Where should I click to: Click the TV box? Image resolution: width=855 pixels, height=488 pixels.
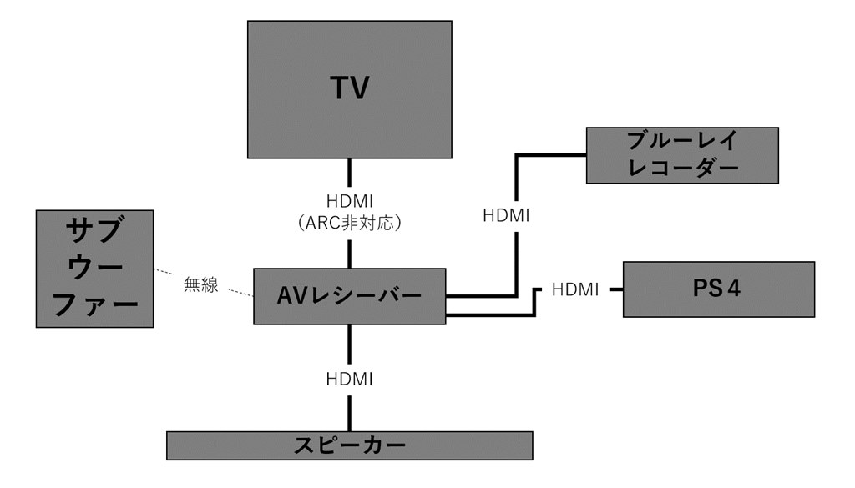pos(349,89)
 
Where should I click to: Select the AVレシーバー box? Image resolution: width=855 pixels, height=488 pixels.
pos(349,295)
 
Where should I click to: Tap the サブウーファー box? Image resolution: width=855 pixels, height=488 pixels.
pos(94,268)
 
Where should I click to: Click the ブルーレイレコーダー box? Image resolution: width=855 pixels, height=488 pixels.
pos(682,155)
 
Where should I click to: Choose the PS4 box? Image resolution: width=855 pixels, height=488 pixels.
pos(718,289)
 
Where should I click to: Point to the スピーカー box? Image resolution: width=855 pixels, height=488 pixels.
pos(349,445)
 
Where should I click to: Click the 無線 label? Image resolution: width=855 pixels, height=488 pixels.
pos(200,284)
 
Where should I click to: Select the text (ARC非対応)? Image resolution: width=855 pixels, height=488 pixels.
pos(349,224)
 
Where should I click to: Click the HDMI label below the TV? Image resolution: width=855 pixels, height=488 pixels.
pos(349,203)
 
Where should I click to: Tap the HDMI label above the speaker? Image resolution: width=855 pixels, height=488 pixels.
pos(349,378)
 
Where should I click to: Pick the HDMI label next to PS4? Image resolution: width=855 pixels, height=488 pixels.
pos(575,289)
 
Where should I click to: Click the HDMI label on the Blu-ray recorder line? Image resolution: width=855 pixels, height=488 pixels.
pos(506,215)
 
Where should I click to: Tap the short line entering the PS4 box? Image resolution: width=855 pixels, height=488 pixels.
pos(615,289)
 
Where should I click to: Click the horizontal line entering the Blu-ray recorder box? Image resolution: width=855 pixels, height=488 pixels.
pos(551,155)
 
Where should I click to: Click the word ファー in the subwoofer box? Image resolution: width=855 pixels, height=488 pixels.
pos(94,304)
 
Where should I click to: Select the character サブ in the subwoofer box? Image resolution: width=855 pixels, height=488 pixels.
pos(94,231)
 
